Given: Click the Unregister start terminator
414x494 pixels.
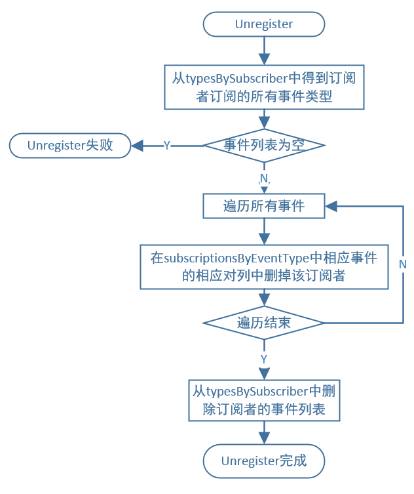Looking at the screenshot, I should pyautogui.click(x=264, y=24).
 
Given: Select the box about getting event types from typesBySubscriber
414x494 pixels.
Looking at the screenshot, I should pyautogui.click(x=264, y=87).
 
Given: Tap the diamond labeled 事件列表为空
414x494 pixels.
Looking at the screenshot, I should pyautogui.click(x=264, y=145).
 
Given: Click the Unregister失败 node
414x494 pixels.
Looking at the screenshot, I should pyautogui.click(x=70, y=145).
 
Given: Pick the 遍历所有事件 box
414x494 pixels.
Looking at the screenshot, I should pyautogui.click(x=264, y=206).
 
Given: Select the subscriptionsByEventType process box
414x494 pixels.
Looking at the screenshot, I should pyautogui.click(x=264, y=266).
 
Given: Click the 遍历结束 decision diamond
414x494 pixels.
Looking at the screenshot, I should pyautogui.click(x=264, y=323).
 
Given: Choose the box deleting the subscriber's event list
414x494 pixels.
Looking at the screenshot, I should pyautogui.click(x=264, y=401).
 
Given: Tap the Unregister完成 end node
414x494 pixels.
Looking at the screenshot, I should pyautogui.click(x=264, y=461).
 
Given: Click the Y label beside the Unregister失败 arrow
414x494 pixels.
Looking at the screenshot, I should pyautogui.click(x=166, y=146).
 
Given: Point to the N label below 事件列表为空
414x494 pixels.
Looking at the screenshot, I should pyautogui.click(x=264, y=178).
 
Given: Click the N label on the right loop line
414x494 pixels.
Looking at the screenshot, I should pyautogui.click(x=403, y=264).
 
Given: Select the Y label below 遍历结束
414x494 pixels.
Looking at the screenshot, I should pyautogui.click(x=264, y=360).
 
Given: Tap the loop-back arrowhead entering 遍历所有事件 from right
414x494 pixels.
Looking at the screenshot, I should pyautogui.click(x=331, y=206).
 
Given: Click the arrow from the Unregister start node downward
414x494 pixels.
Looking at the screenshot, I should pyautogui.click(x=264, y=49).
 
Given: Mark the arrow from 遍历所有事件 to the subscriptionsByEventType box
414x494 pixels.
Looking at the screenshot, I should pyautogui.click(x=264, y=231).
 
